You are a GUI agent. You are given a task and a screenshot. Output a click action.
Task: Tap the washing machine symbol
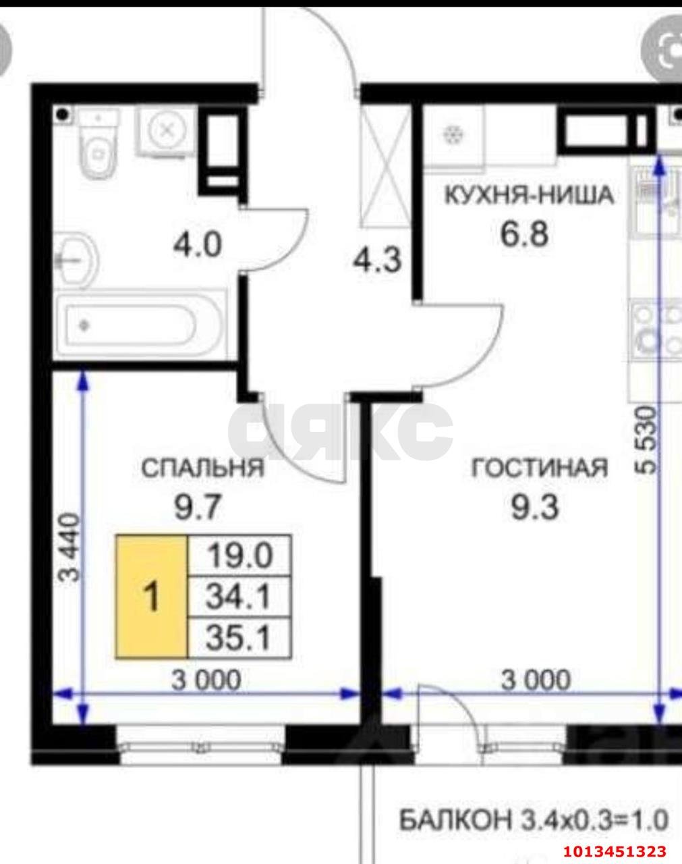coord(166,130)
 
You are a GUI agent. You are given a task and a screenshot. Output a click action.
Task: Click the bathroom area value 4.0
coord(197,244)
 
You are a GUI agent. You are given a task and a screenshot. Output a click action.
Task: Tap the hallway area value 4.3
coord(377,260)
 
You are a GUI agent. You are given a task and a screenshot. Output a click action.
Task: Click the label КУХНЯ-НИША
coord(528,195)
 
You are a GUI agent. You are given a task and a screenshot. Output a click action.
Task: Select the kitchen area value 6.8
coord(523,234)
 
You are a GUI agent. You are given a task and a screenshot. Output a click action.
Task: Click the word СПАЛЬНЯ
coord(202,468)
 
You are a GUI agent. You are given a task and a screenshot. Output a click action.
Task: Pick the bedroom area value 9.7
coord(198,506)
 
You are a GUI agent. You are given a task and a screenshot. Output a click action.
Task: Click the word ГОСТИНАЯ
coord(539,468)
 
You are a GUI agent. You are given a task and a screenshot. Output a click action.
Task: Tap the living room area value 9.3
coord(535,507)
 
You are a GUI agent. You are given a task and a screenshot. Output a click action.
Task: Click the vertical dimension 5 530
coord(646,440)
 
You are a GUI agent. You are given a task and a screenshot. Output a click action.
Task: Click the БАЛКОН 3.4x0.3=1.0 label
coord(534,821)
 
